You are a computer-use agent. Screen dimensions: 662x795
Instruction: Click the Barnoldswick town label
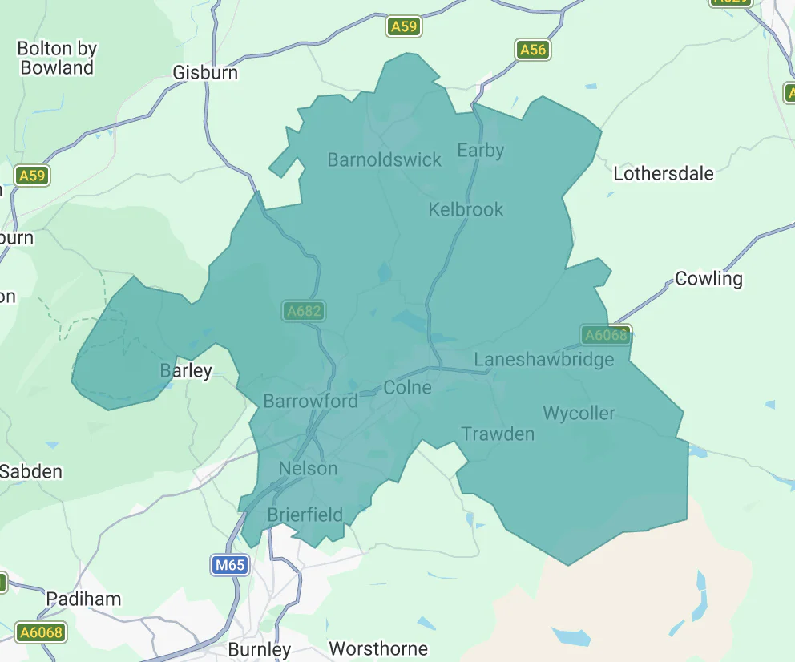point(384,159)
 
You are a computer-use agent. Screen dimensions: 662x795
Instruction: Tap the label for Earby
point(480,150)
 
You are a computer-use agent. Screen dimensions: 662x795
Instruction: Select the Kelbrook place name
point(466,209)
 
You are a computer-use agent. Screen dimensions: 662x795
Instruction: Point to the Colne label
point(407,388)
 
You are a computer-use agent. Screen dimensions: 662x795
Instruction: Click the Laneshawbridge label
point(543,359)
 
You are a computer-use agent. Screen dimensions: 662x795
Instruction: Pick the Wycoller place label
point(579,414)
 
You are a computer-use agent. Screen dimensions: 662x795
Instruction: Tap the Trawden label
point(497,434)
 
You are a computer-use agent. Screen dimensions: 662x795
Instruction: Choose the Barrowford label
point(310,401)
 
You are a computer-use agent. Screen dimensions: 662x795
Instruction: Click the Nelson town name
point(308,468)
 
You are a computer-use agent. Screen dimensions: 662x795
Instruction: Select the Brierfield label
point(305,515)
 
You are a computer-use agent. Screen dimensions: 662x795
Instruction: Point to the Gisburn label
point(205,73)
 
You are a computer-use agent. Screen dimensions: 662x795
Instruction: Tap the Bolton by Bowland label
point(57,58)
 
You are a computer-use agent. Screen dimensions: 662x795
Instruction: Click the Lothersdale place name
point(663,173)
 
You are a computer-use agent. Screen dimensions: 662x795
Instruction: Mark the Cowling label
point(708,278)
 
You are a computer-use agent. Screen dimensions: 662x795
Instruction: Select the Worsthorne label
point(378,648)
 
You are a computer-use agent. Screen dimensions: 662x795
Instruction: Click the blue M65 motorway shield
point(229,565)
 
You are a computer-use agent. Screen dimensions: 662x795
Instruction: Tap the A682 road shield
point(303,311)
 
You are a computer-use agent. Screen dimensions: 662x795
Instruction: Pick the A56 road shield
point(532,50)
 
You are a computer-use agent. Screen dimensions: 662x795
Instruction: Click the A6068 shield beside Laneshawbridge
point(606,335)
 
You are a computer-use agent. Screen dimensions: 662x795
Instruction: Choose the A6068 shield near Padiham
point(41,632)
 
